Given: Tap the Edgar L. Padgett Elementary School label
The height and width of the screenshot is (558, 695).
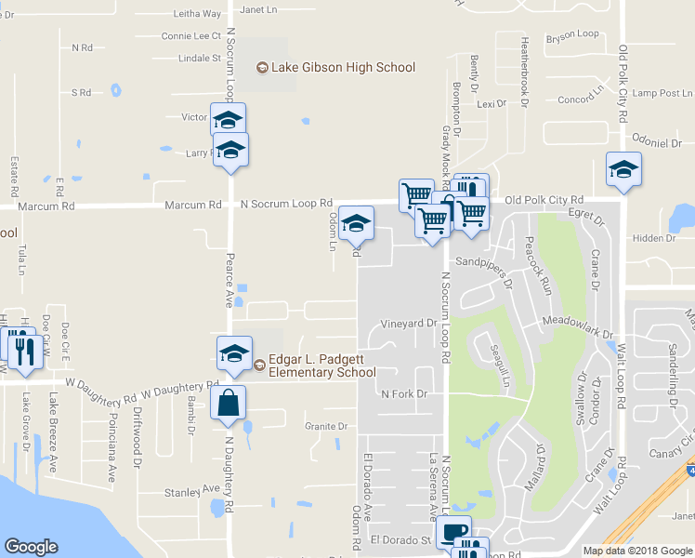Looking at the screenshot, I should coord(321,367).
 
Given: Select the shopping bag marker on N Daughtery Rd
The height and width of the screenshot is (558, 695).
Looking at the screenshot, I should coord(228,405).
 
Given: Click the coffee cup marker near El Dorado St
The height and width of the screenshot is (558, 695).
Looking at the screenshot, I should coord(453,532).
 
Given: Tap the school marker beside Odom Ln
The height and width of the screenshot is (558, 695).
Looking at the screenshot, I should coord(356,224).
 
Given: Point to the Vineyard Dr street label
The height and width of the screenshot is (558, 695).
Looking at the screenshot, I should coord(408,324).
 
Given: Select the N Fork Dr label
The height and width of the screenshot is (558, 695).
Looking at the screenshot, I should coord(404,394).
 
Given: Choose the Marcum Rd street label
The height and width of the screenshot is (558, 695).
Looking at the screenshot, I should coord(193,204).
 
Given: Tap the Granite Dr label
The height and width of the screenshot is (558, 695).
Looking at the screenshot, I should coord(325,427).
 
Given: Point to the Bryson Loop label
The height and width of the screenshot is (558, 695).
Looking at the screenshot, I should coord(573,34).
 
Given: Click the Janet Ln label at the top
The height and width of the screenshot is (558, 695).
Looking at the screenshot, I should coord(259,9).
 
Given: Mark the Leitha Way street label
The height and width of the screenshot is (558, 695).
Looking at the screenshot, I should coord(198,14).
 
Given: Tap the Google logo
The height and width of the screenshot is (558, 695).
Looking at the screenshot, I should coord(32,547).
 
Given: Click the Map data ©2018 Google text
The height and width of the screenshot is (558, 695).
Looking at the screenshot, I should coord(637,551).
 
